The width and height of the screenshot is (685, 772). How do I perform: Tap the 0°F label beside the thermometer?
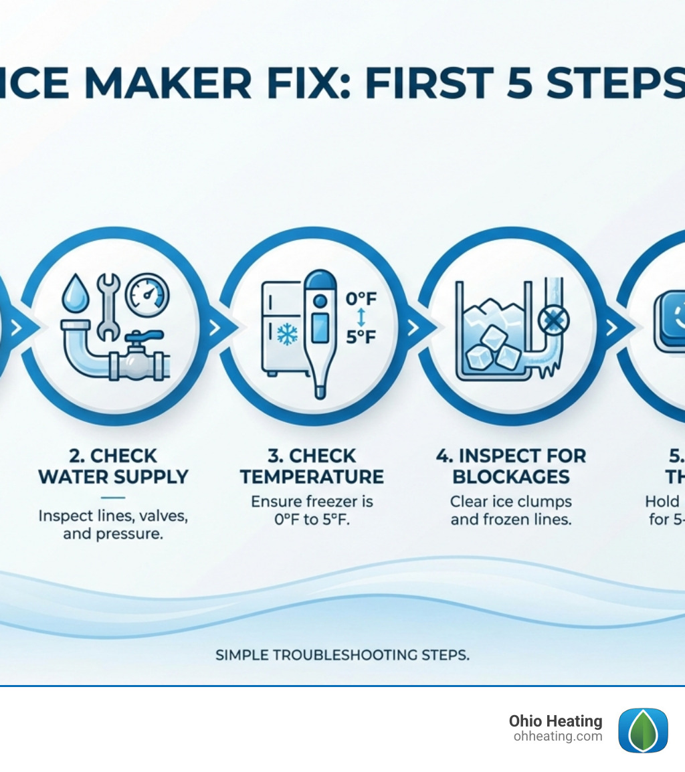tap(361, 299)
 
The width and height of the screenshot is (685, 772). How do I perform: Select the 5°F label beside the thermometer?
tap(361, 336)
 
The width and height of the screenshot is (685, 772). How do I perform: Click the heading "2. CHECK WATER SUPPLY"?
tap(113, 467)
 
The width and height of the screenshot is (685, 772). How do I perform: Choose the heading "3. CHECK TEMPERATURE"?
tap(312, 467)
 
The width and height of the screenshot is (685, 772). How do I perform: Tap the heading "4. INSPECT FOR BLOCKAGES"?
tap(511, 467)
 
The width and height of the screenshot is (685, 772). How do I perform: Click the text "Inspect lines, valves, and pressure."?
tap(113, 525)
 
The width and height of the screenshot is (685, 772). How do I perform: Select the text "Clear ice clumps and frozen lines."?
tap(511, 510)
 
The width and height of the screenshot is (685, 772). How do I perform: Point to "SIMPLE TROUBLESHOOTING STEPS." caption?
tap(342, 655)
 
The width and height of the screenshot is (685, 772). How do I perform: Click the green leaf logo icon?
tap(643, 731)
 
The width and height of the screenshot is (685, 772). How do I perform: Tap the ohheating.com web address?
tap(558, 737)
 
